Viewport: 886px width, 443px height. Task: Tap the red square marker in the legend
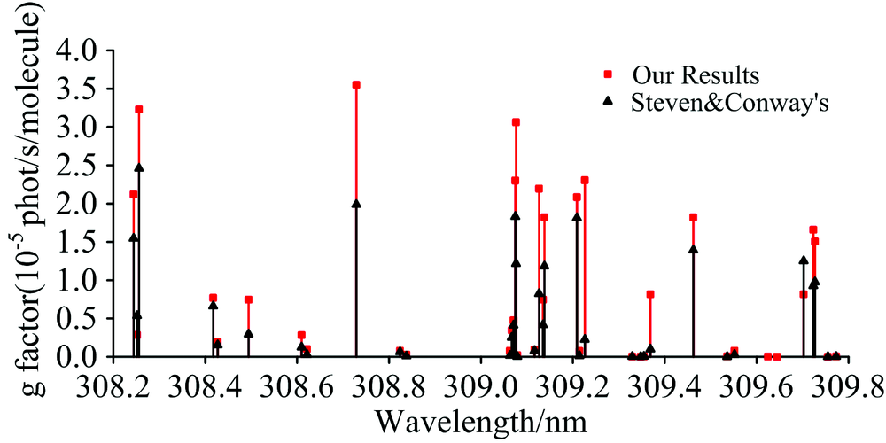point(608,72)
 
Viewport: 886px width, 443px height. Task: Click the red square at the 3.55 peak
point(356,85)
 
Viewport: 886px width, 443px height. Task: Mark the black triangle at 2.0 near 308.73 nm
point(356,203)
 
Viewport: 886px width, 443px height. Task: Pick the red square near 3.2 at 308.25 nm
point(139,110)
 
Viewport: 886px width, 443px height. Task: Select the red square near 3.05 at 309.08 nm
point(516,122)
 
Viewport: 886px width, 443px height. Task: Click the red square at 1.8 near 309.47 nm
point(693,217)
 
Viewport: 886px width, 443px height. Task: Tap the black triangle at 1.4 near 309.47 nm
point(693,249)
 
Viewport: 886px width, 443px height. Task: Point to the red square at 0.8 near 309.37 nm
point(650,294)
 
